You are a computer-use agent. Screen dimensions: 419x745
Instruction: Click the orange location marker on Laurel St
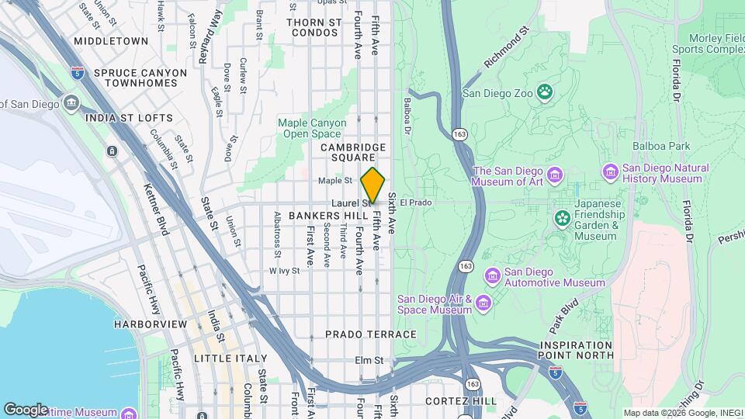pos(373,185)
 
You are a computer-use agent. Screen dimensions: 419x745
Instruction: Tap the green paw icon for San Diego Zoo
pos(546,93)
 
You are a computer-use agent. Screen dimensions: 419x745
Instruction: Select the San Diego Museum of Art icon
pos(554,172)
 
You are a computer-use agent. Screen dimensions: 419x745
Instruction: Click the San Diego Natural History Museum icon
pos(610,171)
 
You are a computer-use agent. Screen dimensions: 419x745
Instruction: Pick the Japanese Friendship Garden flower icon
pos(562,219)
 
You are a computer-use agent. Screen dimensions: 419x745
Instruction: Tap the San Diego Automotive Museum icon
pos(491,275)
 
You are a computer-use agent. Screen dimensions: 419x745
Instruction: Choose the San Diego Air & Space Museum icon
pos(484,301)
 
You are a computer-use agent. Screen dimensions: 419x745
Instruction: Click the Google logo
pos(26,409)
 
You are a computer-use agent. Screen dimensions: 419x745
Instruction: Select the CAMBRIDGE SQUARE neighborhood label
pos(354,152)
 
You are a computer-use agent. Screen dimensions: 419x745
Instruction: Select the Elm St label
pos(369,360)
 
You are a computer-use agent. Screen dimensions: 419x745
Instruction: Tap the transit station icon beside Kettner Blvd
pos(113,151)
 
